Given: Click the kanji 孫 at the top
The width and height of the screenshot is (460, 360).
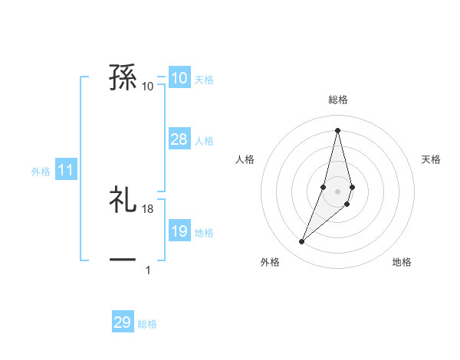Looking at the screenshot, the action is point(123,78).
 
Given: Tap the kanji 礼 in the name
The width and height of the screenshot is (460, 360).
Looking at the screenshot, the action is point(123,201).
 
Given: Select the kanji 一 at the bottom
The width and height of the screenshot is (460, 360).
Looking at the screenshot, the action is point(123,260).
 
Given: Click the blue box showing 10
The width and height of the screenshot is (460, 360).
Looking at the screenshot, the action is point(179,78).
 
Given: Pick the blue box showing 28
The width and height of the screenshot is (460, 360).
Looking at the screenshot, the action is point(179,139).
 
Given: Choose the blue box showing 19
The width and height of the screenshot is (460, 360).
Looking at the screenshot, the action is point(179,231).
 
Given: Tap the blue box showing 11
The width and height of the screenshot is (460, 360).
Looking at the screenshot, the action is point(65,171).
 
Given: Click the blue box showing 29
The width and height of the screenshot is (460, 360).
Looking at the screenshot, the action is point(123,322).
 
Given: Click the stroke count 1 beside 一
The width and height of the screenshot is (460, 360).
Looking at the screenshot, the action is point(148,270).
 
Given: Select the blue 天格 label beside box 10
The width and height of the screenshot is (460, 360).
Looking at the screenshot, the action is point(204,80).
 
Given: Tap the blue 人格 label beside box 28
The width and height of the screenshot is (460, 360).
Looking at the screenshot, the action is point(204,141).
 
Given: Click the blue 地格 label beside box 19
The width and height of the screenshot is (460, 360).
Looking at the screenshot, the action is point(204,233).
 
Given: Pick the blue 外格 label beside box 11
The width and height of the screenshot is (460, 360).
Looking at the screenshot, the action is point(41,172).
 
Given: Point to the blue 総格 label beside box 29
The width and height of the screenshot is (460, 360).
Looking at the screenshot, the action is point(147,324).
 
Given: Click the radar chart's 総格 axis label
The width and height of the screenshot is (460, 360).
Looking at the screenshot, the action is point(337,100).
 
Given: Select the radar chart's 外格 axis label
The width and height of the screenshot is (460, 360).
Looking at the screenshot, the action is point(270,262).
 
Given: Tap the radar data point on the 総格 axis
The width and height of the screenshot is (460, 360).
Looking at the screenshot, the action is point(337,129).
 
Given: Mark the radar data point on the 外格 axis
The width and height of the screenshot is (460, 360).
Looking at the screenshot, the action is point(302,242).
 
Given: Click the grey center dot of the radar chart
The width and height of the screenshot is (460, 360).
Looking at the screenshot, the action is point(337,191).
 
